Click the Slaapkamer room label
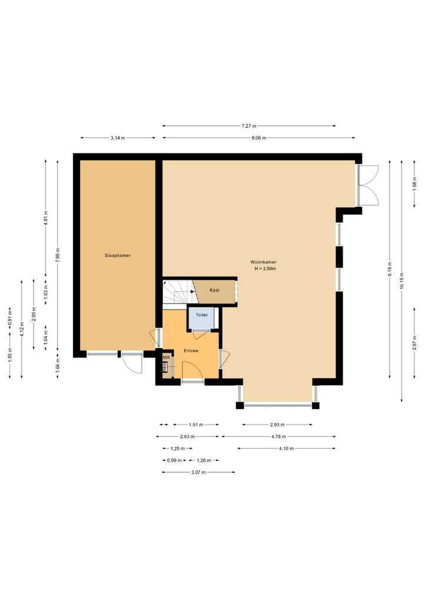click(x=118, y=256)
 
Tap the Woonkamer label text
click(x=263, y=262)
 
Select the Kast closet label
click(x=215, y=290)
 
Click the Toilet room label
click(x=201, y=315)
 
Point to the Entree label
click(x=191, y=351)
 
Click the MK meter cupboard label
click(x=166, y=358)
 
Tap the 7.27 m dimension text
click(x=249, y=126)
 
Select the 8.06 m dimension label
click(x=259, y=138)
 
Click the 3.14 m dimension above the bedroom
click(x=118, y=138)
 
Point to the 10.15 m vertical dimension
click(x=402, y=280)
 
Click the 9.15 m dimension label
click(x=390, y=269)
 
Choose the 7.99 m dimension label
click(x=58, y=255)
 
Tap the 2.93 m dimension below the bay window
click(x=277, y=425)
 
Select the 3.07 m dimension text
click(x=198, y=472)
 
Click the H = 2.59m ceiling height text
click(x=265, y=269)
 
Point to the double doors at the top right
click(x=368, y=185)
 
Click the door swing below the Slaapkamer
click(x=132, y=363)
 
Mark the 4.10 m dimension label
click(x=286, y=449)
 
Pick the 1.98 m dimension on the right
click(x=415, y=184)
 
